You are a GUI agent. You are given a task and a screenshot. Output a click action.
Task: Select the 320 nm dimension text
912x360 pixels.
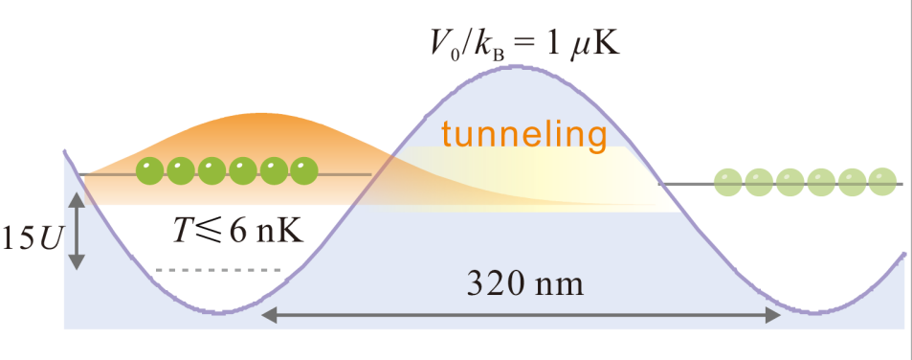524,284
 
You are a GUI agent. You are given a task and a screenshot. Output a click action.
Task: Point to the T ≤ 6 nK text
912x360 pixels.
238,231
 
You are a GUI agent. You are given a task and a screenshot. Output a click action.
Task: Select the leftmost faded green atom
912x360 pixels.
729,183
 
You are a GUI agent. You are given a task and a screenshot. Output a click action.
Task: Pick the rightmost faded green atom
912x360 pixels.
882,183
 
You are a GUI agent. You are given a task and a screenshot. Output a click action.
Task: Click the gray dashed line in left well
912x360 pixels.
218,270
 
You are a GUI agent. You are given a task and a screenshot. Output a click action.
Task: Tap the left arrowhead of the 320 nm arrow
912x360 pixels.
269,315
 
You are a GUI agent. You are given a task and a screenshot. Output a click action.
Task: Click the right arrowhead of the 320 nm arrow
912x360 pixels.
772,315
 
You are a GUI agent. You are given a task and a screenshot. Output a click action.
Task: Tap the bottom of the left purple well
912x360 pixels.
219,313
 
